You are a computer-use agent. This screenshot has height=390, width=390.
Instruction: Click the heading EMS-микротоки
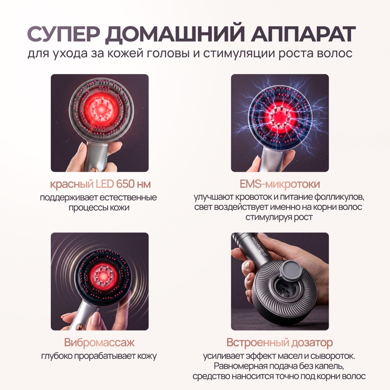point(280,184)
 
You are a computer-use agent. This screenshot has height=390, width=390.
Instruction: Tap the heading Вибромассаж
point(99,342)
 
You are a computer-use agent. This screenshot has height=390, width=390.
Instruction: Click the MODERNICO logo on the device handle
point(259,246)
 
